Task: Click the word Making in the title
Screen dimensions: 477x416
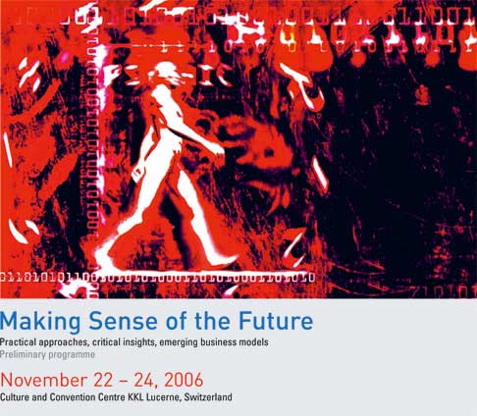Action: click(x=40, y=322)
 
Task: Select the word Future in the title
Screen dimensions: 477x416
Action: click(x=276, y=321)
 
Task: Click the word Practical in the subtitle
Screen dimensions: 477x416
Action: click(x=18, y=342)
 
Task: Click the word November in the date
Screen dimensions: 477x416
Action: click(x=44, y=380)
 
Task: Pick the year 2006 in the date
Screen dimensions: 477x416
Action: click(x=184, y=380)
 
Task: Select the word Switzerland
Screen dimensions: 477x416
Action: click(x=208, y=397)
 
